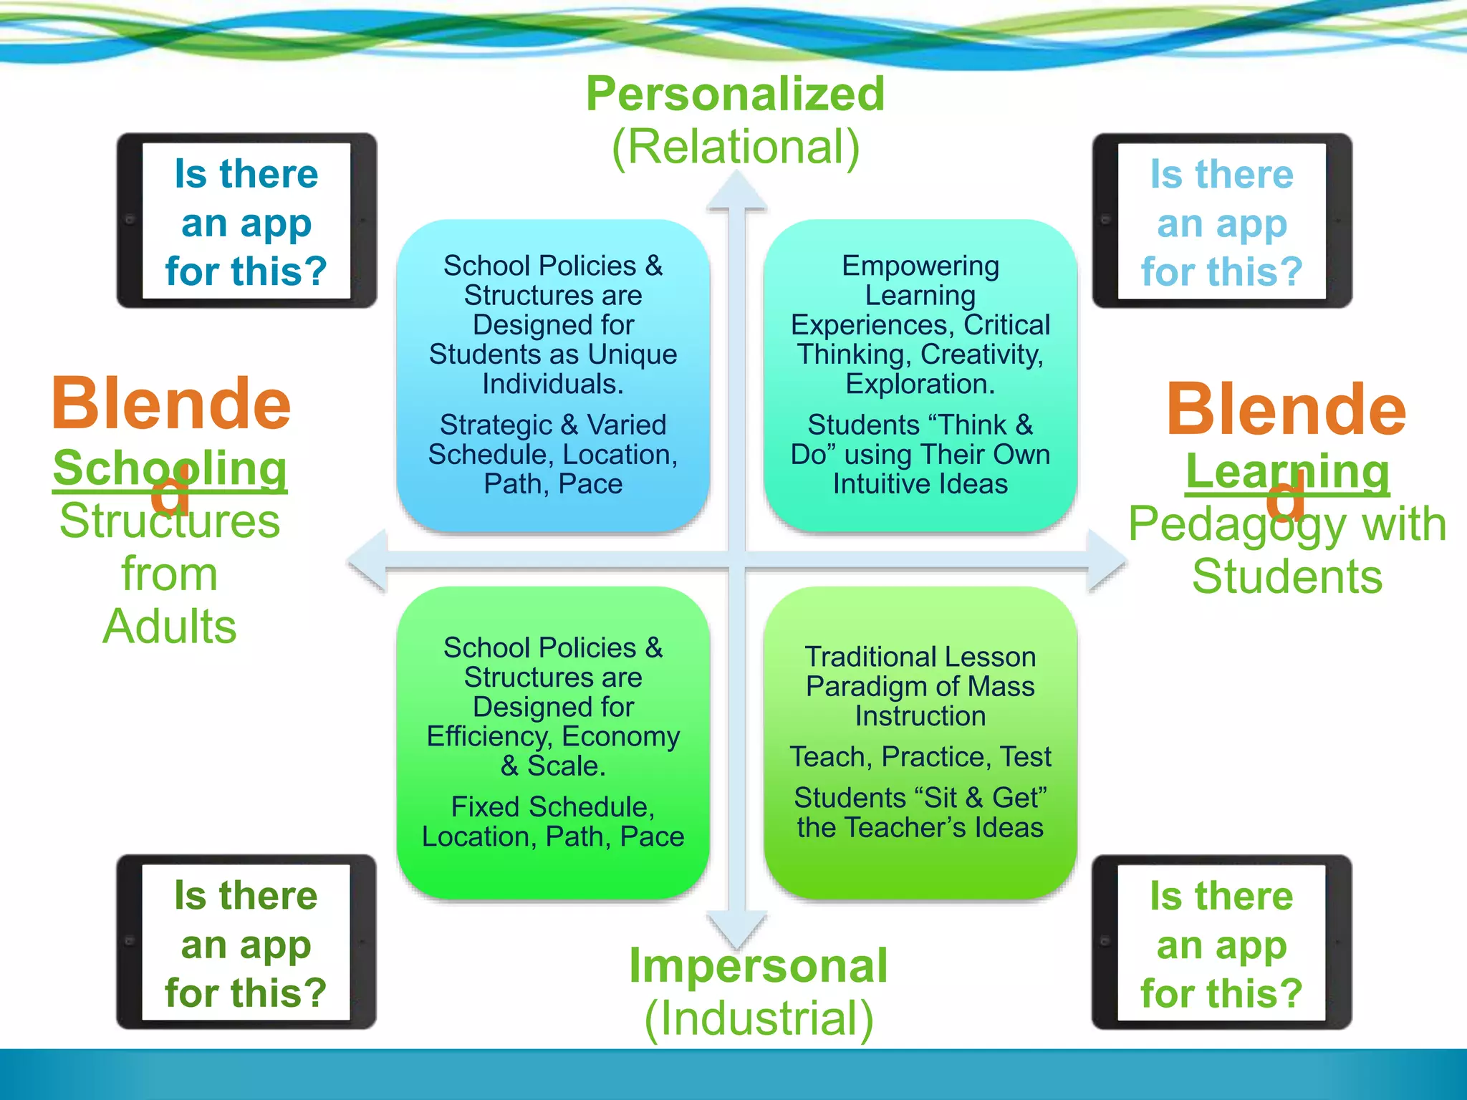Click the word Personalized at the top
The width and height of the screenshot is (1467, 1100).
[735, 94]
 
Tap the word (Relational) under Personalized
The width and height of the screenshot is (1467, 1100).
[735, 148]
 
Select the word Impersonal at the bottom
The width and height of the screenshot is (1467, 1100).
[758, 965]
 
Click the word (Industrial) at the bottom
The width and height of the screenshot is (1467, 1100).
[758, 1018]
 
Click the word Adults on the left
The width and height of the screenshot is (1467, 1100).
[169, 627]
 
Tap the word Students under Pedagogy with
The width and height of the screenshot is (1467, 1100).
[1287, 576]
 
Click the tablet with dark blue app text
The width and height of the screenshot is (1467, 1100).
[246, 221]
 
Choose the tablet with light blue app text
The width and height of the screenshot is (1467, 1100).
[1221, 221]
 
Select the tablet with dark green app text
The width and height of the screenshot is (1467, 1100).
[246, 942]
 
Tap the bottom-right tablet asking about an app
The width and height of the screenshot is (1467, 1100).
[1221, 942]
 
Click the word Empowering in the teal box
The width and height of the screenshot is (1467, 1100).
[920, 266]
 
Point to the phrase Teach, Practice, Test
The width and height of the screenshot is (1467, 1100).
[920, 757]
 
